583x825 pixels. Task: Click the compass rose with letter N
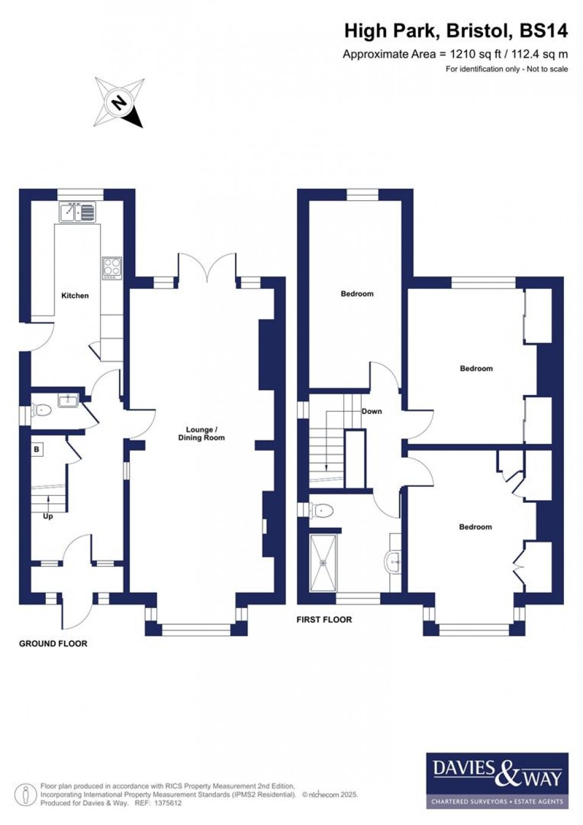(119, 102)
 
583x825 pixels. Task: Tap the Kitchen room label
(75, 295)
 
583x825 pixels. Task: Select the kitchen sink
(77, 212)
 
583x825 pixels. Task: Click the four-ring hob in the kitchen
(112, 267)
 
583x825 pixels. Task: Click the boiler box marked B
(37, 450)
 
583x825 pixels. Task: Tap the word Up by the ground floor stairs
(48, 516)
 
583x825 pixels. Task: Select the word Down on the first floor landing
(372, 411)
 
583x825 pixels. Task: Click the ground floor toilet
(41, 410)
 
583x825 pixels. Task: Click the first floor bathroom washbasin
(394, 561)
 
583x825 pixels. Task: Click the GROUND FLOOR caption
(53, 644)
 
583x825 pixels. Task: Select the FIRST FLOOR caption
(324, 619)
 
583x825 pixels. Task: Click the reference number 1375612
(167, 803)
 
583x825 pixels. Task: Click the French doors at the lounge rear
(207, 267)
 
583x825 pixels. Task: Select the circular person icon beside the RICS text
(25, 795)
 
